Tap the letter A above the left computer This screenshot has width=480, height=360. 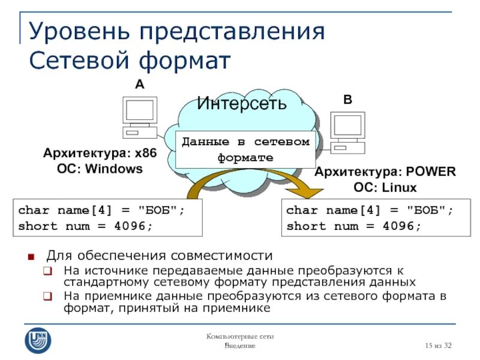[139, 85]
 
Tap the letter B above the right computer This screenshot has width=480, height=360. [347, 100]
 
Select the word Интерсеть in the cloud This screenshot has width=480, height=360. [242, 103]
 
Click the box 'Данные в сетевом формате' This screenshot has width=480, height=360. [245, 150]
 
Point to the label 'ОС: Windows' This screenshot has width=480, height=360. [100, 169]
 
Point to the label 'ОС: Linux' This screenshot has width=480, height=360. [385, 188]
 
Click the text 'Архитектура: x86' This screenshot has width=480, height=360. [100, 154]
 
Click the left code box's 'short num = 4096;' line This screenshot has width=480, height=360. [85, 226]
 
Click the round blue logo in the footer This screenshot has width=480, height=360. [38, 340]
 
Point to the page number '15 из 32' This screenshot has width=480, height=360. [438, 346]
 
